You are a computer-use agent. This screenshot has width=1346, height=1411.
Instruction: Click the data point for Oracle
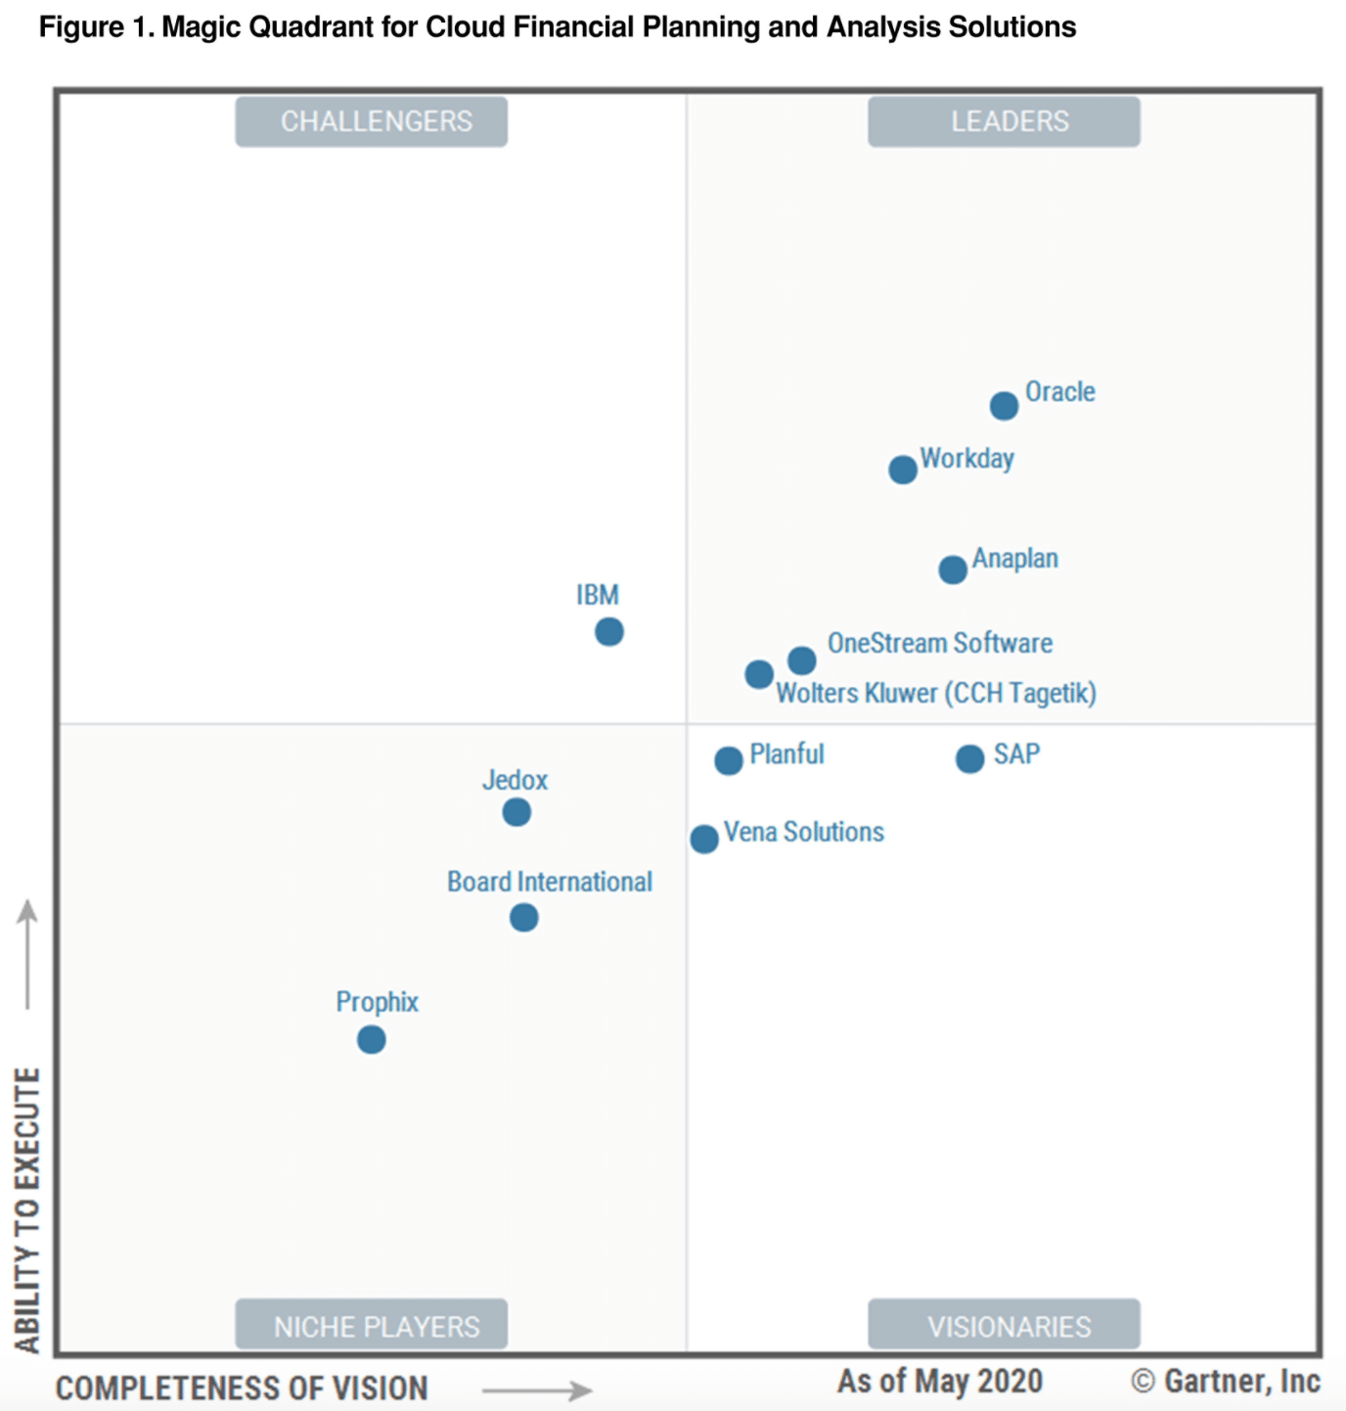[1004, 405]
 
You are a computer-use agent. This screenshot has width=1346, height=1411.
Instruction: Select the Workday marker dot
[903, 470]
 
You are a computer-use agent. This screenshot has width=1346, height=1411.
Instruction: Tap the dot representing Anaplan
[953, 569]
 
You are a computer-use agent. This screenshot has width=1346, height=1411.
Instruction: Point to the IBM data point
[609, 632]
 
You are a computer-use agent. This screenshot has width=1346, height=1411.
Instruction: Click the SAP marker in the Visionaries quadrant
[969, 758]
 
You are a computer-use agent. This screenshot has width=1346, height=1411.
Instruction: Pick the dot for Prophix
[372, 1039]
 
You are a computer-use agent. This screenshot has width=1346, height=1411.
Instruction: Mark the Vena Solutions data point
[704, 839]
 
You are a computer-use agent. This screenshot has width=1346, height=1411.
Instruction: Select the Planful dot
[729, 760]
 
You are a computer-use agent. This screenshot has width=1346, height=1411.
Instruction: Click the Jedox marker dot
[516, 812]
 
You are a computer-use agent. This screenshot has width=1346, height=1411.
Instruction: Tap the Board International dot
[524, 918]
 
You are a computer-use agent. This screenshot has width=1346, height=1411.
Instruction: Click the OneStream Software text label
[940, 643]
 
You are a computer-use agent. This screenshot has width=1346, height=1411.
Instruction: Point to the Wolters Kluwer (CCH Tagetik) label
[936, 693]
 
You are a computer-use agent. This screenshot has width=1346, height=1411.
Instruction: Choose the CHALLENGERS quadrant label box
[372, 121]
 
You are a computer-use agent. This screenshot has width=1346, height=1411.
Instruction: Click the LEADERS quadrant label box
[1004, 121]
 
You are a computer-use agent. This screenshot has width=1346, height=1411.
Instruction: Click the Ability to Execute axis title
[27, 1209]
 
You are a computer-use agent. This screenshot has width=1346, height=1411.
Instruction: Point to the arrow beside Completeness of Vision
[537, 1390]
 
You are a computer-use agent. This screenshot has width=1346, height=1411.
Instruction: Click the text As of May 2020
[939, 1381]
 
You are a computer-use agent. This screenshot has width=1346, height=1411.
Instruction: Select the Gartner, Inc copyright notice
[1226, 1381]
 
